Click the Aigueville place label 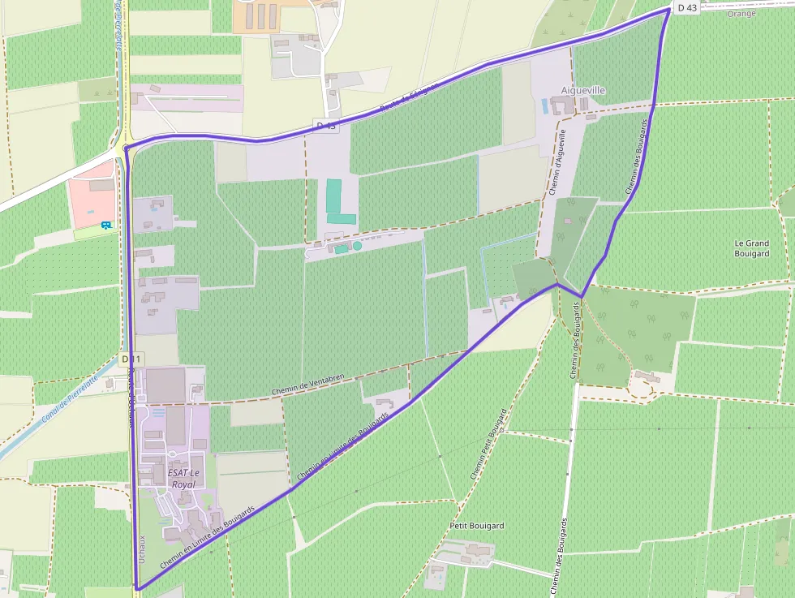583,90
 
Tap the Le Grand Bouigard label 751,248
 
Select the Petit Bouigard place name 476,526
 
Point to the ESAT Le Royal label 183,478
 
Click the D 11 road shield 131,359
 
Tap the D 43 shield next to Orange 685,7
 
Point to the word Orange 741,14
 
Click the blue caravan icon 105,225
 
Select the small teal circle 357,246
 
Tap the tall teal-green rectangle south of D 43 333,196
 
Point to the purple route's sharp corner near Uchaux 136,587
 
